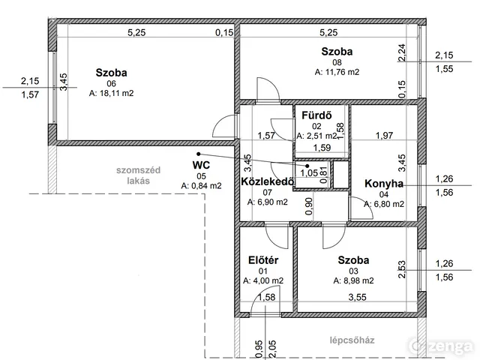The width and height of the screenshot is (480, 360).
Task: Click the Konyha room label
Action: click(x=384, y=184)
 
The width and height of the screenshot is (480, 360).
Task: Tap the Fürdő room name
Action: click(x=316, y=115)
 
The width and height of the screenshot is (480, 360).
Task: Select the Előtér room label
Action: click(x=263, y=260)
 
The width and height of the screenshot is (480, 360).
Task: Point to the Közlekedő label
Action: click(x=268, y=181)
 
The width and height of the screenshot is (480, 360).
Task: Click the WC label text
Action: click(x=201, y=165)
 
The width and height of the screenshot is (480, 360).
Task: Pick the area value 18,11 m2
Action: click(x=112, y=93)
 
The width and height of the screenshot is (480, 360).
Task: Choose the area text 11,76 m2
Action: click(x=337, y=72)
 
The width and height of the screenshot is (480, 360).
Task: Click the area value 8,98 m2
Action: click(x=353, y=280)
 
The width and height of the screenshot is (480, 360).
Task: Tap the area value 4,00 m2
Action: click(x=263, y=280)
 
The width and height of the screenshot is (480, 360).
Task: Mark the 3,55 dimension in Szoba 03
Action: click(x=357, y=297)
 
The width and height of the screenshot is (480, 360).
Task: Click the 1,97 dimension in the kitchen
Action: click(x=384, y=135)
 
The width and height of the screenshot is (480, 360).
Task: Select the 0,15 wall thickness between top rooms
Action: click(x=224, y=32)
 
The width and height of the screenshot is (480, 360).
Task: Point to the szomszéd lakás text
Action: click(x=138, y=175)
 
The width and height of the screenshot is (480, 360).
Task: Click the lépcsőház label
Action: click(x=352, y=340)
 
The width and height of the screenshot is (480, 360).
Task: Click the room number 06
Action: click(x=112, y=83)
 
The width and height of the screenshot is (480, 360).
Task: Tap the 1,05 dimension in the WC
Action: click(x=309, y=173)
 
